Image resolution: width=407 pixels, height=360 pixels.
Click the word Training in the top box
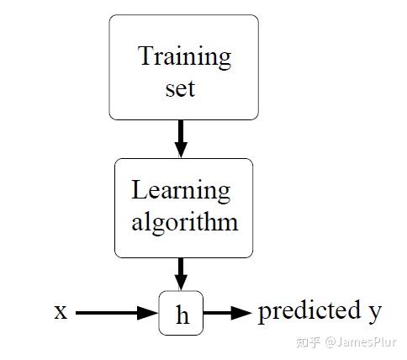[x=184, y=57]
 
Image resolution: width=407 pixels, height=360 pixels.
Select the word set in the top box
[x=180, y=88]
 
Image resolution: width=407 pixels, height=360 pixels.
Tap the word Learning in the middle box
[x=181, y=191]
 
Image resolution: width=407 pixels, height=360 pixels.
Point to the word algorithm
[x=185, y=223]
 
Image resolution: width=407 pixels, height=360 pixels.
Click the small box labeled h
[x=181, y=313]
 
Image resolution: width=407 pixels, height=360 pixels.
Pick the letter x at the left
[x=61, y=312]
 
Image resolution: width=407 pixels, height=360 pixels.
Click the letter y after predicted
[x=375, y=314]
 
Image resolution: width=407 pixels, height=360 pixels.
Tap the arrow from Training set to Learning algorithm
[x=181, y=139]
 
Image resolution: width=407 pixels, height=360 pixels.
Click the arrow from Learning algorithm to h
[x=181, y=274]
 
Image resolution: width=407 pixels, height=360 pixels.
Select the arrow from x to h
[x=117, y=313]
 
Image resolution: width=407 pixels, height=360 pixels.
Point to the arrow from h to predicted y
[x=228, y=313]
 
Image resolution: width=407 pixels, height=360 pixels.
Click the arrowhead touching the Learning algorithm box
[x=181, y=150]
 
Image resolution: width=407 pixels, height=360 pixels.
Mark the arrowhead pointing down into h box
[x=181, y=283]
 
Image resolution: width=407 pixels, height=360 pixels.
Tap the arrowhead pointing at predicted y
[x=241, y=313]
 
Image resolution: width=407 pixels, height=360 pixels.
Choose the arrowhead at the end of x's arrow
[x=148, y=313]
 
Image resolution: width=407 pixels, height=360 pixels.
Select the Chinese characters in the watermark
[x=308, y=342]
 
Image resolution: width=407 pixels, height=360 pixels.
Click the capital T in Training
[x=146, y=56]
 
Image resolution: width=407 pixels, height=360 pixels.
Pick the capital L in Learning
[x=139, y=189]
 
